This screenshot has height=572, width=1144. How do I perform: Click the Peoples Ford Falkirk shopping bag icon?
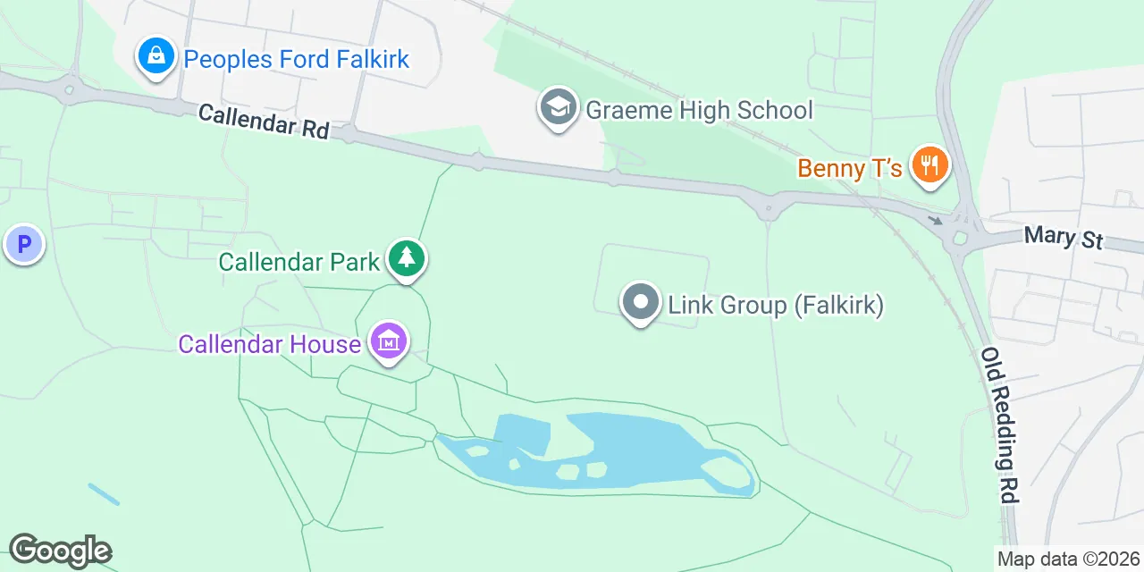156,56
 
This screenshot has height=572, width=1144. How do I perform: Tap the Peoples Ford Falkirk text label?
296,60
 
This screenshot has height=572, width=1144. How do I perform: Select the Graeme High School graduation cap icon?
559,107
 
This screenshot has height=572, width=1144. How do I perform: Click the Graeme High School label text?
699,110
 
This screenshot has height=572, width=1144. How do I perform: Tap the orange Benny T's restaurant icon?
929,165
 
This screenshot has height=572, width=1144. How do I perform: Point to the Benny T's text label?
849,168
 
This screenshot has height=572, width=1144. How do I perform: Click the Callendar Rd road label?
264,121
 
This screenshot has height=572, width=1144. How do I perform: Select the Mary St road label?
1064,238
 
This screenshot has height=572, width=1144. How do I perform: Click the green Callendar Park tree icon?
407,259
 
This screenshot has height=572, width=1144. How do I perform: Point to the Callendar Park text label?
299,263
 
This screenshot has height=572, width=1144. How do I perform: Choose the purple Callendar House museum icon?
389,341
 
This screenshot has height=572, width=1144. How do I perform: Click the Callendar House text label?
269,344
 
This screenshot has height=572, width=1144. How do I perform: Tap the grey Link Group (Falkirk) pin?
641,302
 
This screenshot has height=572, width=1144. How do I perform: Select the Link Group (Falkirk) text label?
776,306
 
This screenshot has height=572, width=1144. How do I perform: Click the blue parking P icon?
23,243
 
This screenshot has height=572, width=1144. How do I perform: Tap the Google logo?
60,551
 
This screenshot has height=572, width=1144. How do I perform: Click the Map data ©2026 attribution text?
1069,559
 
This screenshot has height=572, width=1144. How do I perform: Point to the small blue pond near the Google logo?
103,494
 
